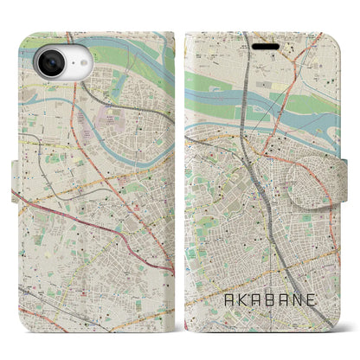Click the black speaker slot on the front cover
[262, 41]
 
